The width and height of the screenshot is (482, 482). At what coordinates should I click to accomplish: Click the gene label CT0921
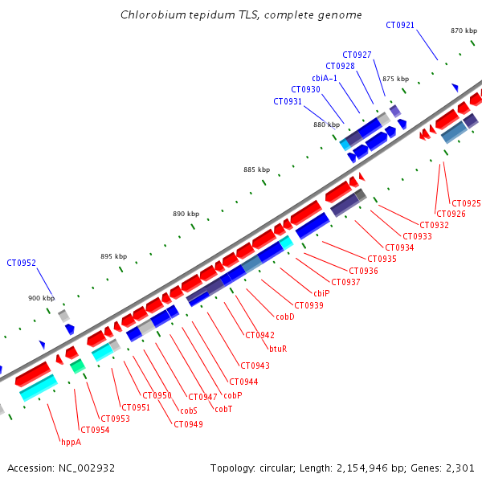point(400,25)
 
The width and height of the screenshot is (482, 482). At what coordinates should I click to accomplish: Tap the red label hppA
point(71,441)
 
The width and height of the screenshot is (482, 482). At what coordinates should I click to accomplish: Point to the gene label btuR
point(278,349)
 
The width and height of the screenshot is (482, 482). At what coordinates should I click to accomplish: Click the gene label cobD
point(284,317)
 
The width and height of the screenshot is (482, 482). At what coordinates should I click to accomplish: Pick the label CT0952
point(21,263)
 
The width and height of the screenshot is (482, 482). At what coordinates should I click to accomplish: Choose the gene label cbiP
point(321,293)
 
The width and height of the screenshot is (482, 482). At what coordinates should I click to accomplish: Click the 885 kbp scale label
point(256,170)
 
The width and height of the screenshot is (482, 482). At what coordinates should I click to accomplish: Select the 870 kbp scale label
point(464,31)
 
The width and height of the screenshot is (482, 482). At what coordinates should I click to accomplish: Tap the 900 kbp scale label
point(41,298)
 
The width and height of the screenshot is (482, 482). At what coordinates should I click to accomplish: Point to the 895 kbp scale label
point(113,256)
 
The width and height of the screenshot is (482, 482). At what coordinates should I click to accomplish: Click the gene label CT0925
point(466,203)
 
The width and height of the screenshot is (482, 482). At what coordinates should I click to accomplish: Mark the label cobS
point(189,411)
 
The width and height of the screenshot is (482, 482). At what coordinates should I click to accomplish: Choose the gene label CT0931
point(288,101)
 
